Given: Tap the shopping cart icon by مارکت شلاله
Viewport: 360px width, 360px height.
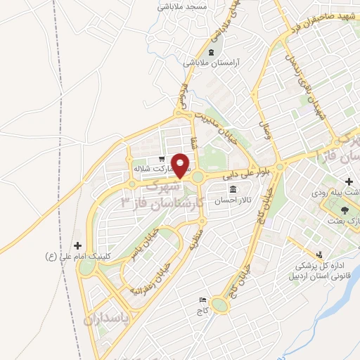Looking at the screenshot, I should coord(162,159).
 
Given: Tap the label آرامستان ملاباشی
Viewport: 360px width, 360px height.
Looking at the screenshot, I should coord(212,62).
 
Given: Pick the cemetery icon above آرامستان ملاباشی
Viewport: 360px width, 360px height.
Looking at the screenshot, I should coord(212,52).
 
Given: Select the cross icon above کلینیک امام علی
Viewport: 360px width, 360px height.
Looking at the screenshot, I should coord(78,245).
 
